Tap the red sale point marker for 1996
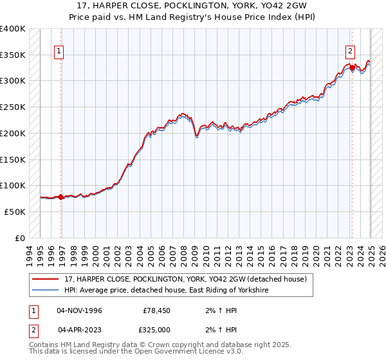(x=61, y=197)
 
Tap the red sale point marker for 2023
(x=352, y=67)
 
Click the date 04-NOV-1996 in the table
(x=79, y=310)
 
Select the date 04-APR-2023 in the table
(x=79, y=330)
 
